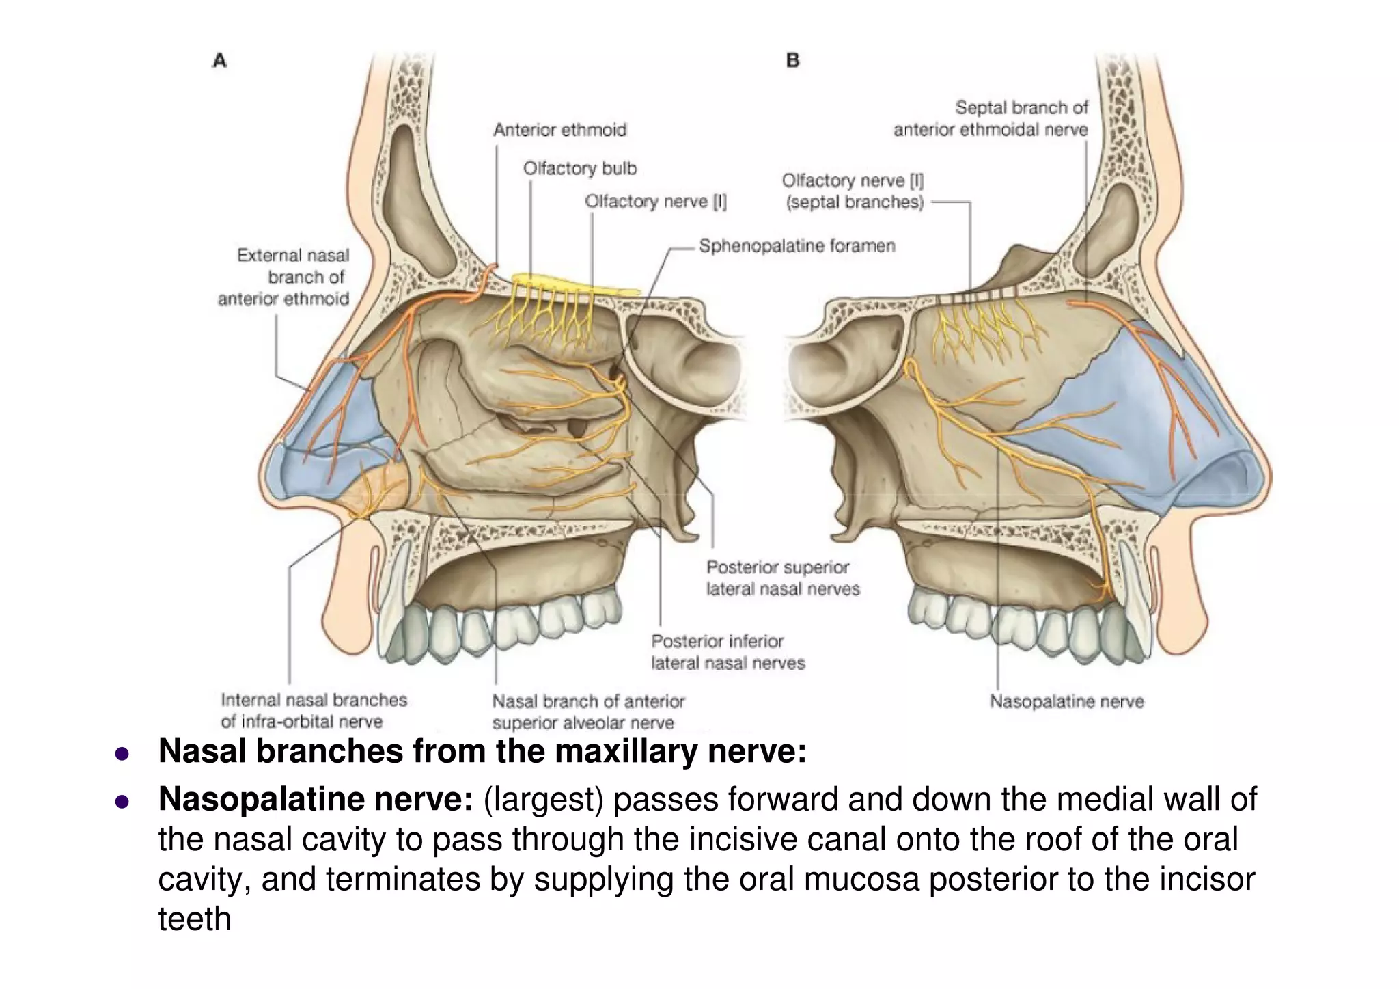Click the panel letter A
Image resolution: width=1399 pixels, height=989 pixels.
point(219,61)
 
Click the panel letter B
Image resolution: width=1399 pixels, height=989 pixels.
point(792,61)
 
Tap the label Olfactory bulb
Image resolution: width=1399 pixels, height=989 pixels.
point(579,168)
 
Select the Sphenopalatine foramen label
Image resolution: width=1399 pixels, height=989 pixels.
point(797,246)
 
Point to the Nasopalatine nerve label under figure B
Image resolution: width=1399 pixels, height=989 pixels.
point(1066,702)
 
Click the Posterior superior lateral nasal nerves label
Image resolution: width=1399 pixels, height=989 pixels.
point(782,578)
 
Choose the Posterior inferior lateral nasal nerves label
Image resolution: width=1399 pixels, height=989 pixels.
point(728,652)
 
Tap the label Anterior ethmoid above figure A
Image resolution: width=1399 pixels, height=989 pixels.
point(559,130)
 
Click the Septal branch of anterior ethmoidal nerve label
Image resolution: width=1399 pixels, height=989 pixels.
point(991,119)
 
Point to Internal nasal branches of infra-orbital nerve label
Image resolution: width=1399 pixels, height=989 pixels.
point(313,711)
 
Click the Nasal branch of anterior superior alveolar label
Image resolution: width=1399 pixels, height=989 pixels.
point(587,712)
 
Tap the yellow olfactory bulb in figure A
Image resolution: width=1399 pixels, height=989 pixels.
point(574,282)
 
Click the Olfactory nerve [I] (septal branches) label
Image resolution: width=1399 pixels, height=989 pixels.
point(853,191)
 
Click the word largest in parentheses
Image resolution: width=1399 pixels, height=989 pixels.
point(544,800)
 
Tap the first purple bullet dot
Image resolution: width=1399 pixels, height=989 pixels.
point(122,754)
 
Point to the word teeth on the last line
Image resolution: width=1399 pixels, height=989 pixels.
point(195,919)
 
